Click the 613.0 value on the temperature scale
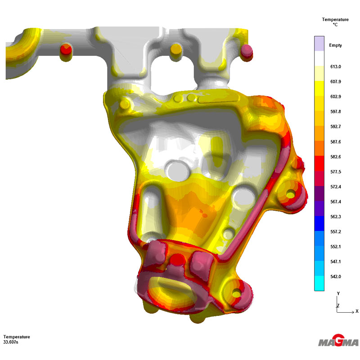tap(335, 67)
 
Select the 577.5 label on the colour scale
tap(335, 172)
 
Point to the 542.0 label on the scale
tap(335, 277)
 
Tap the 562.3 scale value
tap(335, 217)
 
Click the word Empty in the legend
tap(335, 45)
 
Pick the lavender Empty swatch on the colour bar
tap(319, 44)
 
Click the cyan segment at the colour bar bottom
tap(319, 283)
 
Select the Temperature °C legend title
tap(335, 22)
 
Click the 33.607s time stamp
tap(10, 342)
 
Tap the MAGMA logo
tap(338, 341)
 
